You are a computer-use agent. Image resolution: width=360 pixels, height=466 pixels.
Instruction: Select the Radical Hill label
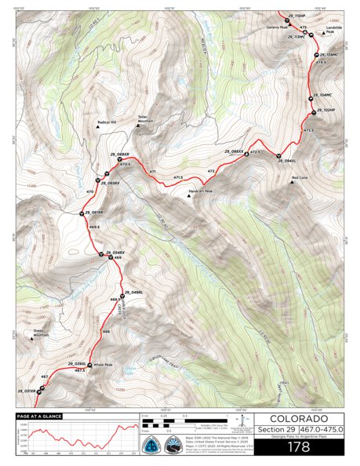(106, 122)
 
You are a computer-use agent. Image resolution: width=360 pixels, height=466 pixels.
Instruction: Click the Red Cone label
(300, 178)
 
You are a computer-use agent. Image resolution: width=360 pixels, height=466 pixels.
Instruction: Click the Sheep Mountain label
(39, 333)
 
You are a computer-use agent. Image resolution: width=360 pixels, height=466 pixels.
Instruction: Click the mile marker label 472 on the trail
(210, 170)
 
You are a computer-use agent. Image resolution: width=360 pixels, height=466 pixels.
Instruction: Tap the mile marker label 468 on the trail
(106, 332)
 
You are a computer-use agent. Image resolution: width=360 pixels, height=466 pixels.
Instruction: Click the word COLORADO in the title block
(287, 419)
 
